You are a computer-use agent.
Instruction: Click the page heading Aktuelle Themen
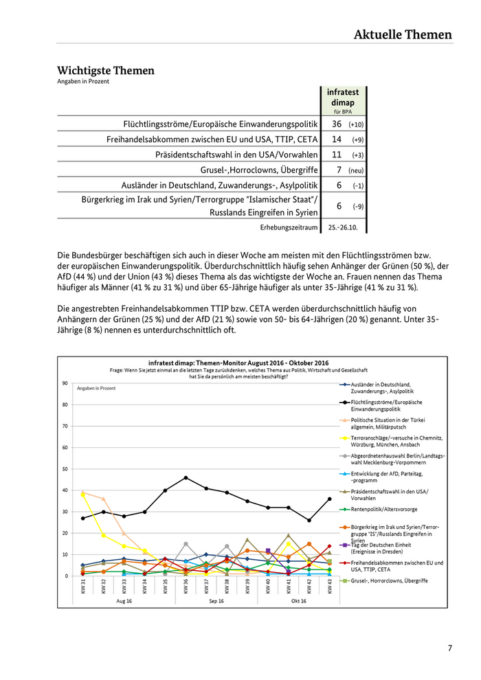[x=403, y=34]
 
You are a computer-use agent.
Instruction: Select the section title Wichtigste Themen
[x=106, y=71]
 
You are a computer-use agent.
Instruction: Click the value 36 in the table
[x=336, y=124]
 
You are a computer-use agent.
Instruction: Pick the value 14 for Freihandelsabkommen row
[x=336, y=139]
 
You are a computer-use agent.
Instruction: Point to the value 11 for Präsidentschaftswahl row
[x=336, y=155]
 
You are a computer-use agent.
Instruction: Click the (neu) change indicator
[x=356, y=170]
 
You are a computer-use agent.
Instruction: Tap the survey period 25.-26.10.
[x=346, y=227]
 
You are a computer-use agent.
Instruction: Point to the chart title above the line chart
[x=238, y=363]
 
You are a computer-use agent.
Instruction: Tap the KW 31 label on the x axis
[x=82, y=587]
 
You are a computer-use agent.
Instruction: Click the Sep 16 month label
[x=216, y=601]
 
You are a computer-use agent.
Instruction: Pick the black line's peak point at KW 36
[x=186, y=477]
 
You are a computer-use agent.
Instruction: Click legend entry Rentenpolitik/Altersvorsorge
[x=384, y=509]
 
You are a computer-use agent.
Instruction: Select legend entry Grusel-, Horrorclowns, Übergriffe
[x=389, y=581]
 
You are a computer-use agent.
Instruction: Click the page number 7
[x=450, y=648]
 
